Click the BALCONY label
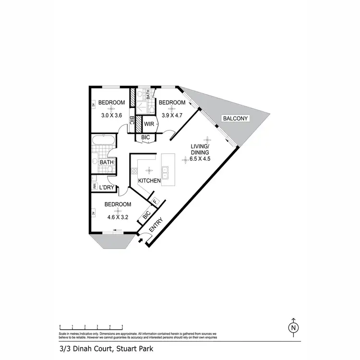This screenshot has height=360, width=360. pos(235,118)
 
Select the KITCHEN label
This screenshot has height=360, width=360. pos(149,180)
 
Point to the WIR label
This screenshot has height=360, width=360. pos(148,124)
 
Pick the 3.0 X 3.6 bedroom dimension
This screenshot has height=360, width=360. pos(111,115)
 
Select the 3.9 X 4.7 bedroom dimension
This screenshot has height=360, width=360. pos(172,115)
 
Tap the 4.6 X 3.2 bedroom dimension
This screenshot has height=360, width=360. pos(118,210)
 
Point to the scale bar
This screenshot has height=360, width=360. pos(91,326)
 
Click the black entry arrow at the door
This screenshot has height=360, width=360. pos(140,240)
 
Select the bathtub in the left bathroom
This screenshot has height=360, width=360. pos(103,141)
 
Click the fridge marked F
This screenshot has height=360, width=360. pos(155,202)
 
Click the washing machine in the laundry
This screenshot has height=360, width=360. pos(95,185)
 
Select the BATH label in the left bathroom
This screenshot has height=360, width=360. pos(107,163)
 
